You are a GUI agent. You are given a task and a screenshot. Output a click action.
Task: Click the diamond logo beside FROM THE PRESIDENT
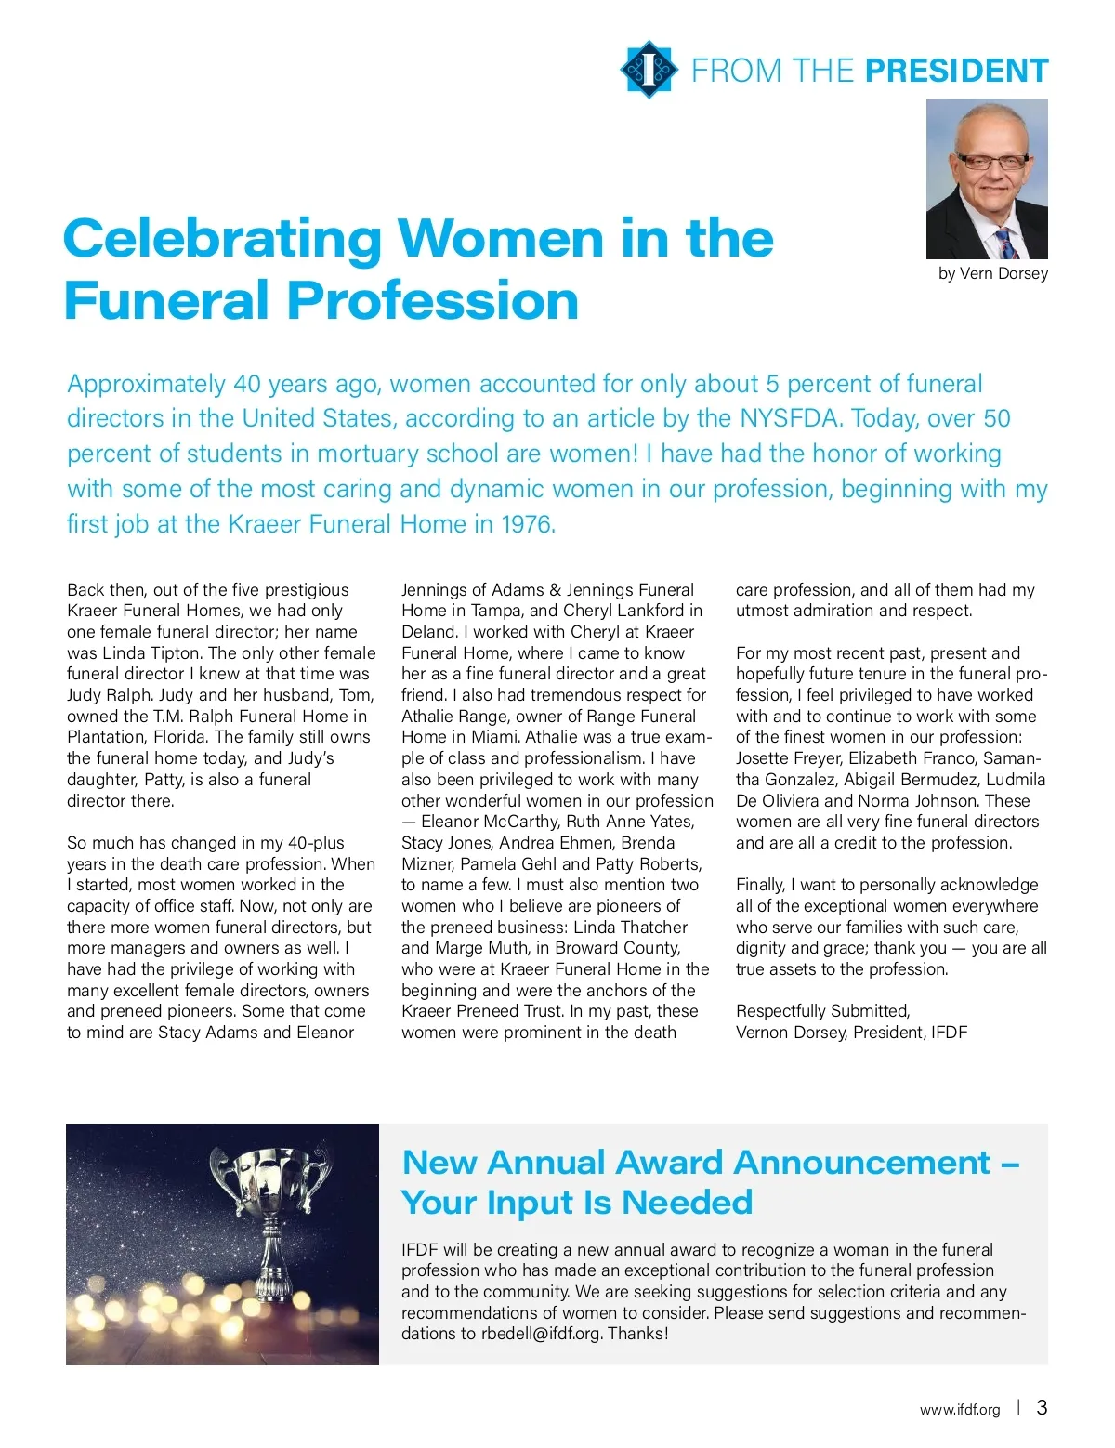click(x=647, y=69)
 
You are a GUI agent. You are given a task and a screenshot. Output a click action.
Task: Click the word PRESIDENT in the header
click(x=956, y=72)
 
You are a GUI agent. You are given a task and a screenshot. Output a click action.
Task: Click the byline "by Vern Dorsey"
click(x=992, y=273)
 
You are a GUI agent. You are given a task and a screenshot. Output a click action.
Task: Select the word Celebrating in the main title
click(x=221, y=239)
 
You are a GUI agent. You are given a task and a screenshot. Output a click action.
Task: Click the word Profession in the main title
click(x=432, y=300)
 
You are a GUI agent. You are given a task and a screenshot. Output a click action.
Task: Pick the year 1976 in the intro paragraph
click(x=526, y=524)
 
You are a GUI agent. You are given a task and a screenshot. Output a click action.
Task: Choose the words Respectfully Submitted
click(x=822, y=1011)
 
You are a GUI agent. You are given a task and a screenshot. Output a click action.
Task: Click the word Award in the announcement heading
click(x=669, y=1163)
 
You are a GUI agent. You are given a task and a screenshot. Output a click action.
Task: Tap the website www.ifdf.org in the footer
click(x=960, y=1409)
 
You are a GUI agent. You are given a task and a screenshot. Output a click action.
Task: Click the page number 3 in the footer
click(x=1042, y=1407)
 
